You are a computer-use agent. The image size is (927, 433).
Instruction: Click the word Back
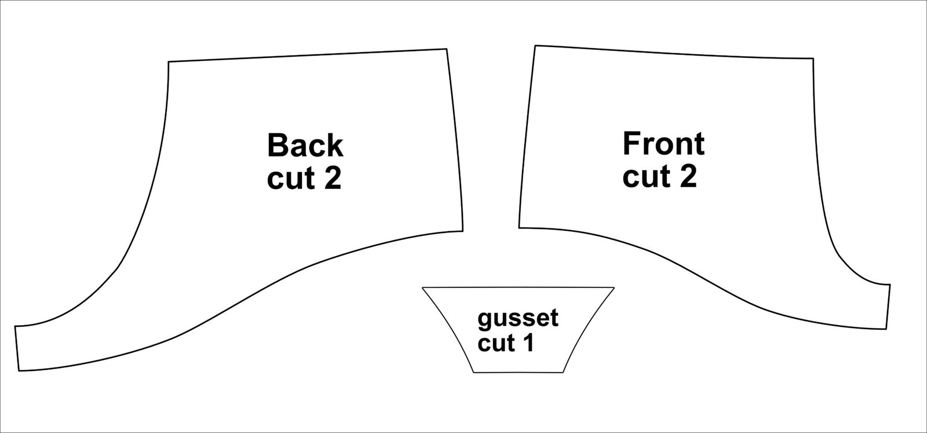pyautogui.click(x=305, y=145)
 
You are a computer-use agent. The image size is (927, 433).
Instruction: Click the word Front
pyautogui.click(x=663, y=144)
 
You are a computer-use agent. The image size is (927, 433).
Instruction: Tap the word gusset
pyautogui.click(x=518, y=319)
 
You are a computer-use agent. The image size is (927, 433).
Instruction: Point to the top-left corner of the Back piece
pyautogui.click(x=169, y=62)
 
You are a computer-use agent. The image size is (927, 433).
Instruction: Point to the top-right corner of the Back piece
pyautogui.click(x=447, y=49)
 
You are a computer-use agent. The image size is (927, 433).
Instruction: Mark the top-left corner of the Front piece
pyautogui.click(x=535, y=46)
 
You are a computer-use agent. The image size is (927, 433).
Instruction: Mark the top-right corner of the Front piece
pyautogui.click(x=813, y=59)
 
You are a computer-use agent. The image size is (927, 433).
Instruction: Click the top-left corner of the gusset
pyautogui.click(x=422, y=288)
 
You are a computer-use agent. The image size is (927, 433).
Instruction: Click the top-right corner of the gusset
pyautogui.click(x=614, y=288)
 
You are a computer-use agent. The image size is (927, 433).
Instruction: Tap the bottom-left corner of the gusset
pyautogui.click(x=473, y=373)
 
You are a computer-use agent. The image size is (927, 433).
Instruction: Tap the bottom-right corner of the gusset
pyautogui.click(x=563, y=373)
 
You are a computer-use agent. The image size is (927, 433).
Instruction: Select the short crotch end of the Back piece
pyautogui.click(x=17, y=348)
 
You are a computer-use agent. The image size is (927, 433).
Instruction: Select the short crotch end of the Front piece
pyautogui.click(x=888, y=307)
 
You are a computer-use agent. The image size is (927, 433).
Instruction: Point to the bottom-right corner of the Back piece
pyautogui.click(x=463, y=231)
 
